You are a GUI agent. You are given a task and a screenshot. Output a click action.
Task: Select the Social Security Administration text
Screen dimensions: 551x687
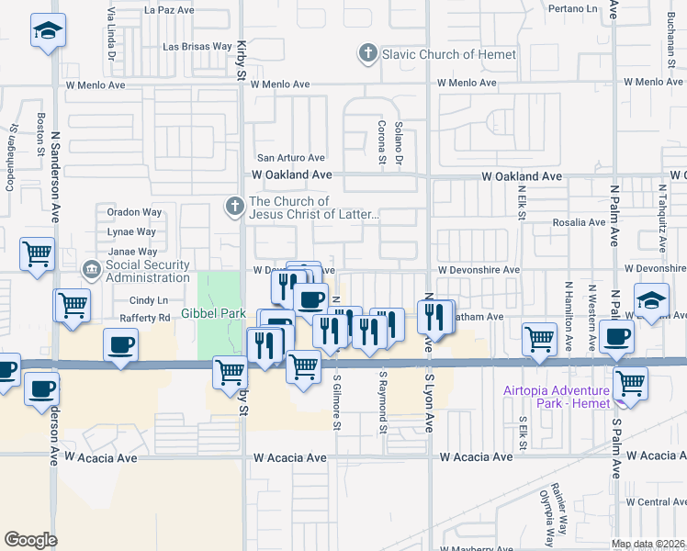[x=147, y=272]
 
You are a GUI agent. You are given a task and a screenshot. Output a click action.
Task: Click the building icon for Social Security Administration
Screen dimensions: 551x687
[x=92, y=271]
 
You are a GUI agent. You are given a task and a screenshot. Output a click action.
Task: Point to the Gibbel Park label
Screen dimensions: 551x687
[x=212, y=313]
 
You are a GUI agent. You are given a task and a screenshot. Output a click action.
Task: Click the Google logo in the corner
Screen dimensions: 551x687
[x=29, y=540]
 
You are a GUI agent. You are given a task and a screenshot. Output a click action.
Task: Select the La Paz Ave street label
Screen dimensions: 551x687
[x=170, y=10]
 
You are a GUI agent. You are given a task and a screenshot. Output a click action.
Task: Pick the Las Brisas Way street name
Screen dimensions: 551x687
[x=197, y=46]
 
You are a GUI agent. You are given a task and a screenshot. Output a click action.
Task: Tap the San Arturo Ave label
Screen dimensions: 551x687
[x=290, y=158]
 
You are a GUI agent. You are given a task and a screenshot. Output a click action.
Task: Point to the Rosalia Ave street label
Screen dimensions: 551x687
[x=576, y=222]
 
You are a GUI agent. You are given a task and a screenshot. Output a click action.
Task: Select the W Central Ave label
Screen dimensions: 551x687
[x=655, y=502]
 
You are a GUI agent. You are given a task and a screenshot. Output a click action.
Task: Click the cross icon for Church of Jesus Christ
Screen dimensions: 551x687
[x=236, y=208]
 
